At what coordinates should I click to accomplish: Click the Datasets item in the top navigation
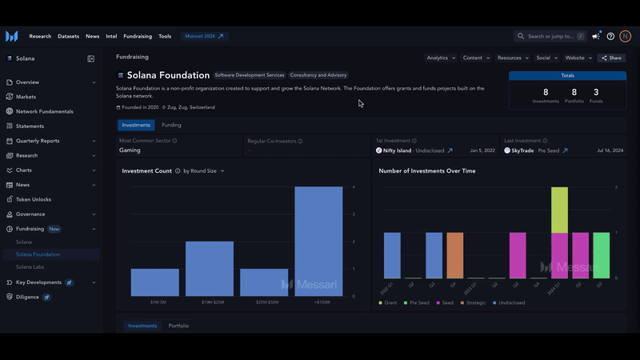coord(69,36)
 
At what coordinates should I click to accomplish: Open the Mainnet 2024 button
coord(206,36)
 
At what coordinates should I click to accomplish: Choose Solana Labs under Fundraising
coord(30,266)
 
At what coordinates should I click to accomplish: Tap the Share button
coord(611,58)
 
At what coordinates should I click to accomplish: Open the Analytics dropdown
coord(441,58)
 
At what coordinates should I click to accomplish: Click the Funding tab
coord(171,125)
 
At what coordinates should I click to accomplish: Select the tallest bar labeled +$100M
coord(318,241)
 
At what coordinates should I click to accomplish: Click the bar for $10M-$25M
coord(209,268)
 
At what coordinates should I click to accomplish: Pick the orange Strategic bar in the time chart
coord(454,255)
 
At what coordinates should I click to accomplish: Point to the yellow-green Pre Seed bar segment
coord(559,210)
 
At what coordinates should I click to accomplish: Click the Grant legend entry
coord(390,302)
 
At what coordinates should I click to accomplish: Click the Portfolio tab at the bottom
coord(178,326)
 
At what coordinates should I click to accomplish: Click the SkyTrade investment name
coord(524,150)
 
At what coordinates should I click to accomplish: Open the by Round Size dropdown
coord(204,170)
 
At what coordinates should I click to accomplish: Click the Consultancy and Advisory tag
coord(318,75)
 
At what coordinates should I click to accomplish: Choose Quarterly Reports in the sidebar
coord(38,141)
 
